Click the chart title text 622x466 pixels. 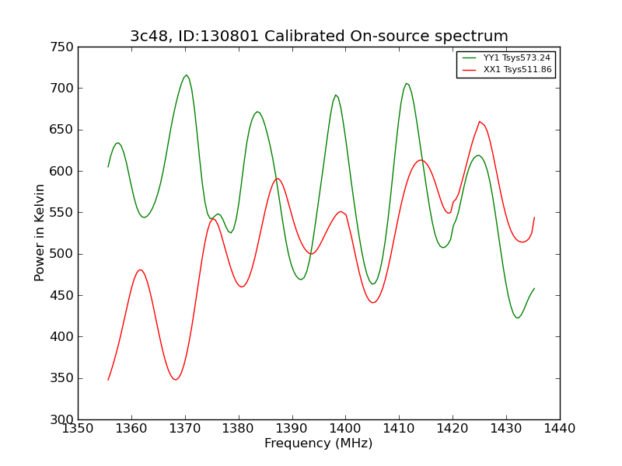pyautogui.click(x=319, y=37)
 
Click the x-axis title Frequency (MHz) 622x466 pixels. pyautogui.click(x=318, y=443)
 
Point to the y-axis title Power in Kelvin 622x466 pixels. pyautogui.click(x=40, y=232)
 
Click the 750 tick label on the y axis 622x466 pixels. pyautogui.click(x=65, y=47)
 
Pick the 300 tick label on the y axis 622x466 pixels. pyautogui.click(x=65, y=419)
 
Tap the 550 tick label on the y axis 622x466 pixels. pyautogui.click(x=65, y=213)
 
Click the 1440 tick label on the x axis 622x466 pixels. pyautogui.click(x=559, y=428)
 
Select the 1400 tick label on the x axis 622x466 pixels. pyautogui.click(x=345, y=428)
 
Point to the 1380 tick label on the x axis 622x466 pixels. pyautogui.click(x=239, y=428)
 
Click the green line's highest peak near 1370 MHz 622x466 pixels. pyautogui.click(x=186, y=75)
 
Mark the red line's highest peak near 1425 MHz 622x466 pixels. pyautogui.click(x=480, y=121)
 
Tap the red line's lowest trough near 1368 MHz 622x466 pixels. pyautogui.click(x=176, y=380)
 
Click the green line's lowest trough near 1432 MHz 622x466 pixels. pyautogui.click(x=517, y=318)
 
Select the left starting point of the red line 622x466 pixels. pyautogui.click(x=108, y=380)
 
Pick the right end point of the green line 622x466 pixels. pyautogui.click(x=534, y=288)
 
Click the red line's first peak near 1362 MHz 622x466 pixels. pyautogui.click(x=141, y=270)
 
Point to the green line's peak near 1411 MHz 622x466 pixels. pyautogui.click(x=406, y=83)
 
